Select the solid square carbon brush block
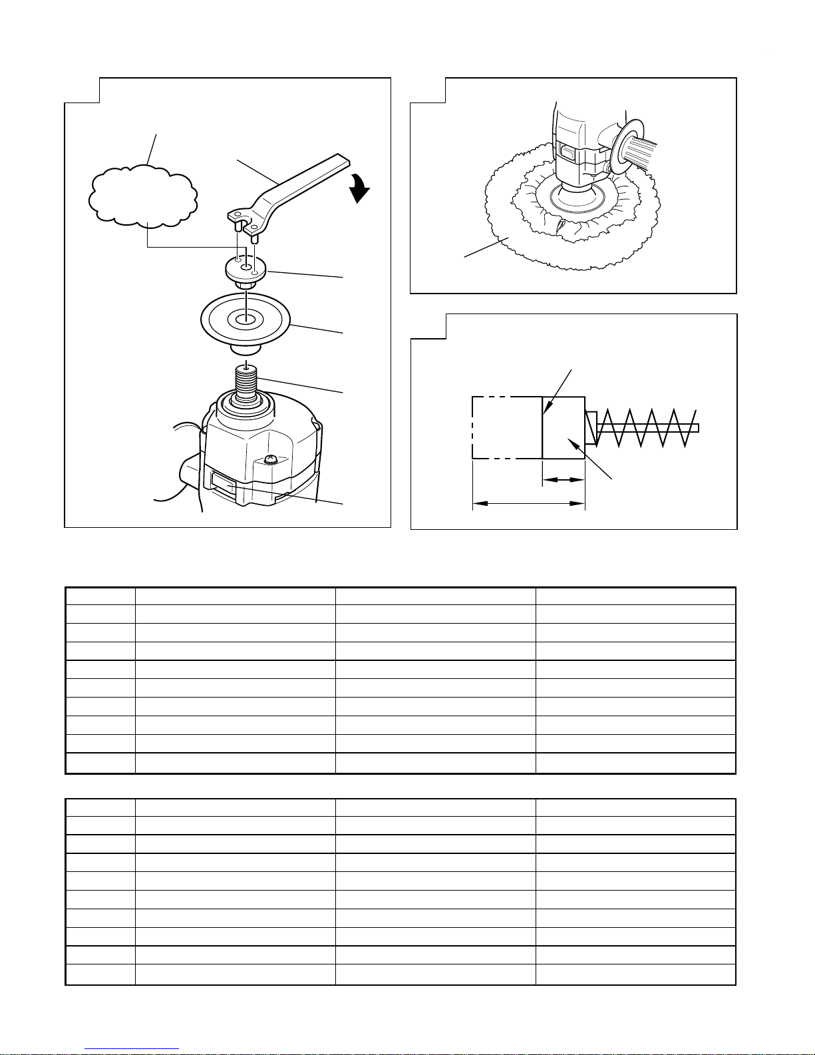click(564, 427)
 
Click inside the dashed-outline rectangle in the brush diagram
click(506, 427)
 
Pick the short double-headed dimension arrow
click(564, 479)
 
